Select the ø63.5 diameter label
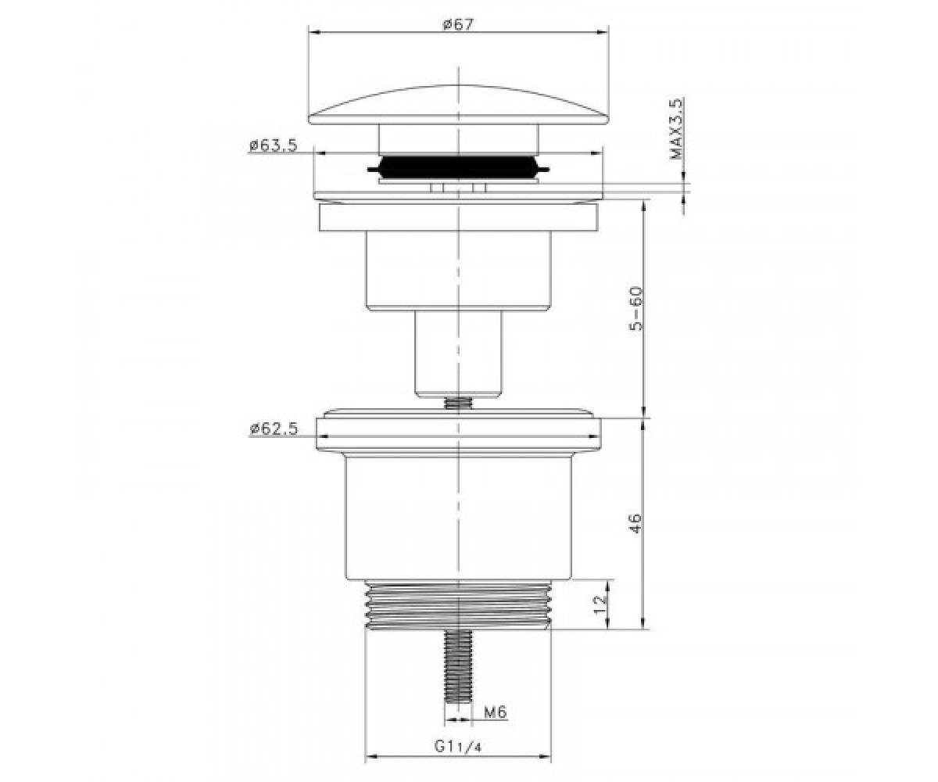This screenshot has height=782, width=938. click(x=273, y=145)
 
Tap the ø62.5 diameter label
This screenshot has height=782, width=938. click(x=274, y=429)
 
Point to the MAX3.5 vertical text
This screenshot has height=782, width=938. click(x=675, y=130)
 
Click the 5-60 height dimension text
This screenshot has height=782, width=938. click(x=635, y=309)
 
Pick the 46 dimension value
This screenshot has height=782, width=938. click(x=635, y=523)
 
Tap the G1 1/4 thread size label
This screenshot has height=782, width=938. click(x=458, y=747)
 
